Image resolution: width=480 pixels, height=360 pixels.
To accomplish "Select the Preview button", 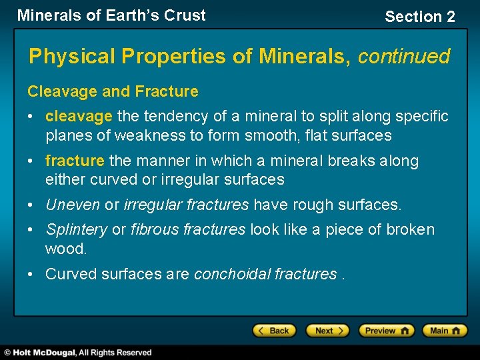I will pos(386,331).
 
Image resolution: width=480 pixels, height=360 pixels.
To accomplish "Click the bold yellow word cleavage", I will pos(79,117).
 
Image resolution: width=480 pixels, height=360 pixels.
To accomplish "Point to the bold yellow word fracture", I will pos(75,161).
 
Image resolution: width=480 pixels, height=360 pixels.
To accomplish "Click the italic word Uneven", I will pos(72,205).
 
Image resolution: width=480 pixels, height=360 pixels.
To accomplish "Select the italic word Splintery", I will pos(76,230).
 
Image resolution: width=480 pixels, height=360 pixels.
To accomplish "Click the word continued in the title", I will pos(404,57).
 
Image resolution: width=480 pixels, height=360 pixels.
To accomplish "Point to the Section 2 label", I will pos(419,17).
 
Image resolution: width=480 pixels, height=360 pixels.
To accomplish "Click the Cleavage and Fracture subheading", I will pos(113,91).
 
